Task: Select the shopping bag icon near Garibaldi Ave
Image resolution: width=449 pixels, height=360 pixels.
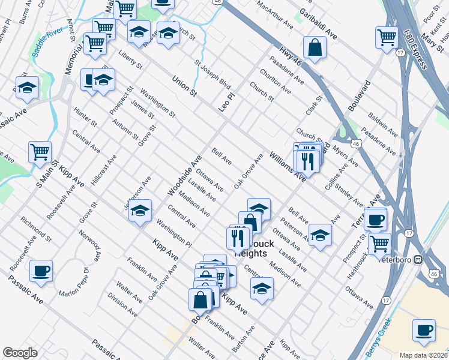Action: pos(315,47)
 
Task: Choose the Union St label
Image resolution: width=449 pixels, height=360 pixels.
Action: pos(184,86)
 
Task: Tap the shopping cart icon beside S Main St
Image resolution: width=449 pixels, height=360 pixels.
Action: pos(40,152)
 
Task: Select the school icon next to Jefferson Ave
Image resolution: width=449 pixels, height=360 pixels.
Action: pos(140,211)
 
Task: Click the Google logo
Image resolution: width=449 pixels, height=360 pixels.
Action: pos(20,353)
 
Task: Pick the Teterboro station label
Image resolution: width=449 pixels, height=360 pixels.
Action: pos(402,260)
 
